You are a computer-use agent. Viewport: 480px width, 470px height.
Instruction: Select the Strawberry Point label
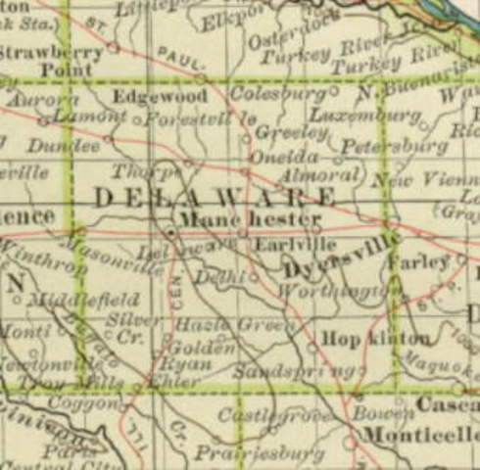tap(54, 60)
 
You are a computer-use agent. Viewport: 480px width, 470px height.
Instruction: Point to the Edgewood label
tap(160, 97)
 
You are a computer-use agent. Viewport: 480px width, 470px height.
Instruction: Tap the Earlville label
tap(281, 244)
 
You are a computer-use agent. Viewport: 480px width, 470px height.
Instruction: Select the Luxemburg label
tap(382, 116)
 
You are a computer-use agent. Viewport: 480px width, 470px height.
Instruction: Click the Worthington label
tap(339, 291)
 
